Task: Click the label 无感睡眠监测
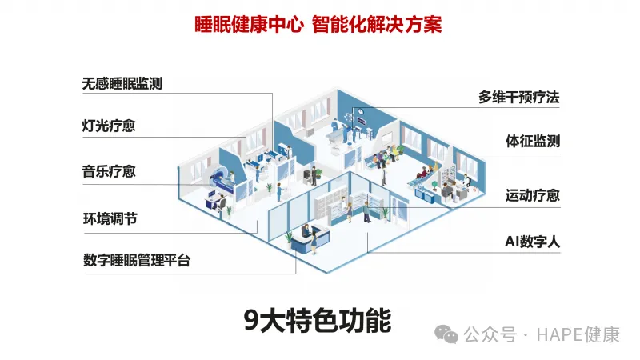tap(122, 82)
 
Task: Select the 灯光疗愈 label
tap(109, 126)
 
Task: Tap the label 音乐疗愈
tap(109, 170)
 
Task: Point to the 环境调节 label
tap(109, 218)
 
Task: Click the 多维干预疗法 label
tap(518, 97)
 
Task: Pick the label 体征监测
tap(532, 142)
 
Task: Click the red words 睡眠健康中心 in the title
tap(249, 24)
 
